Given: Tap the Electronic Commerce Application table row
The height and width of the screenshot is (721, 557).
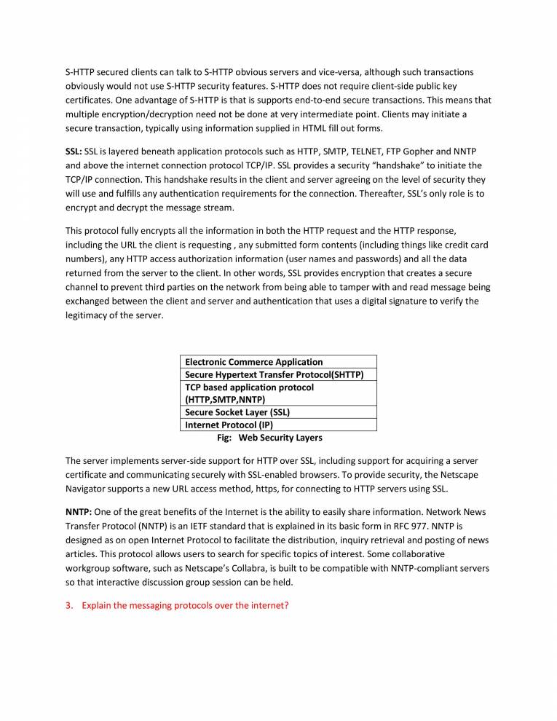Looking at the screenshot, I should (254, 362).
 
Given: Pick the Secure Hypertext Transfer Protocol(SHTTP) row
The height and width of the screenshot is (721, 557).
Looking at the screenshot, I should (274, 374).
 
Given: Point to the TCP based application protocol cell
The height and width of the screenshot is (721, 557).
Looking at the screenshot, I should (250, 387).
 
